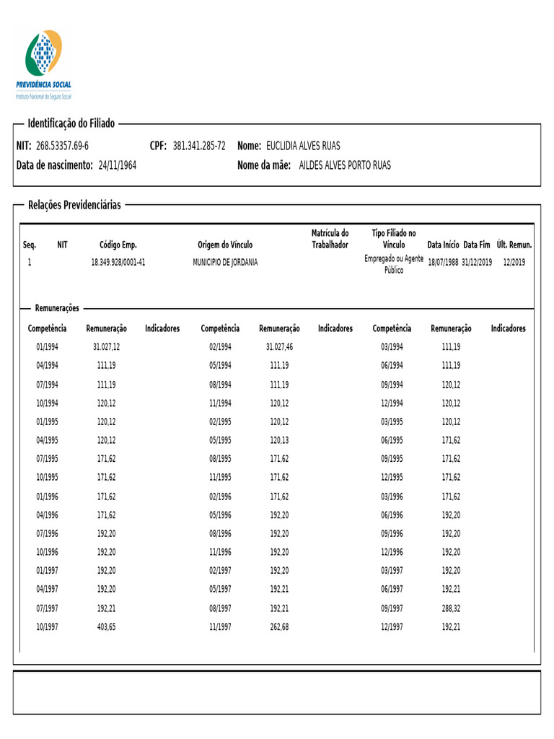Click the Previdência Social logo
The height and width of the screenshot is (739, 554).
44,64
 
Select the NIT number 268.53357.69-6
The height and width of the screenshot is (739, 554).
62,147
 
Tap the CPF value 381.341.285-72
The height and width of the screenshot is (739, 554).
199,147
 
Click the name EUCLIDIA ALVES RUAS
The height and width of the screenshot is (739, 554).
303,147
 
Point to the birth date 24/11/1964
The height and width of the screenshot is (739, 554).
117,166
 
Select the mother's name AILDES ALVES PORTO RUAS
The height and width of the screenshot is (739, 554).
345,166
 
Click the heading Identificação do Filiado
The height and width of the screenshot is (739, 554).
71,124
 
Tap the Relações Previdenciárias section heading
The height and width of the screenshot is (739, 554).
74,206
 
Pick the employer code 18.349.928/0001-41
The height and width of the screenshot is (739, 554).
118,262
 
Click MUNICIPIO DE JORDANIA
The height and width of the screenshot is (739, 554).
225,262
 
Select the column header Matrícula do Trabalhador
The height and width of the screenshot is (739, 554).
330,239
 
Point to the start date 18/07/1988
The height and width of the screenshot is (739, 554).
442,262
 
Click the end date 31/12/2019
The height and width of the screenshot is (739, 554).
477,262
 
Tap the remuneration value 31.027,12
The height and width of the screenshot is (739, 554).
106,347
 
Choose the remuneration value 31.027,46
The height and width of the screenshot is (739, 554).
279,347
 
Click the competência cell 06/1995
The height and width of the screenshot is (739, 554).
392,440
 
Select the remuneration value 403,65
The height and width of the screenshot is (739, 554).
106,627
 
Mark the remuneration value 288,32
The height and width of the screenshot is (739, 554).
451,608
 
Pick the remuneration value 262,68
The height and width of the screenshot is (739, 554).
279,627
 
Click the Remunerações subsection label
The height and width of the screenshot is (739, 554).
57,308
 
